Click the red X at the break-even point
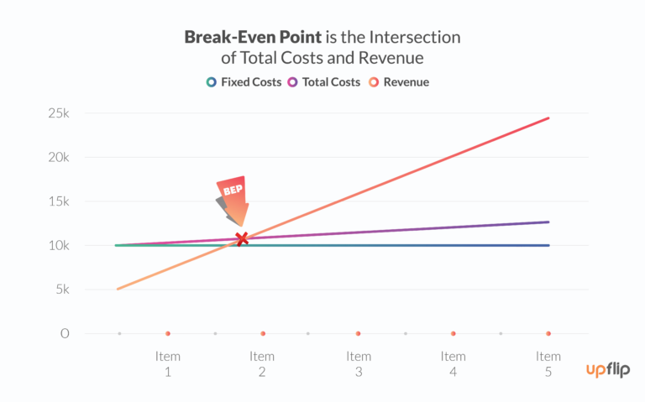coord(242,239)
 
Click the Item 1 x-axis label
coord(168,363)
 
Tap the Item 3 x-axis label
coord(359,363)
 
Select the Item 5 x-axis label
coord(548,363)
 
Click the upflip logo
coord(609,369)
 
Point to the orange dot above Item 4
coord(454,334)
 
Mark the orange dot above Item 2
coord(263,334)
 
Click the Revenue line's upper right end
coord(548,118)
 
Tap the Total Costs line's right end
coord(548,222)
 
